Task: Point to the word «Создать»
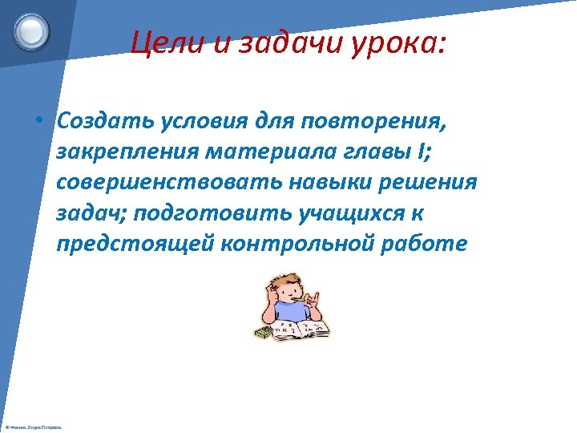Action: tap(107, 122)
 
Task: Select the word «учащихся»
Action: tap(359, 213)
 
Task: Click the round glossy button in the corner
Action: tap(32, 32)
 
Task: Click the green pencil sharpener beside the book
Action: tap(265, 332)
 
